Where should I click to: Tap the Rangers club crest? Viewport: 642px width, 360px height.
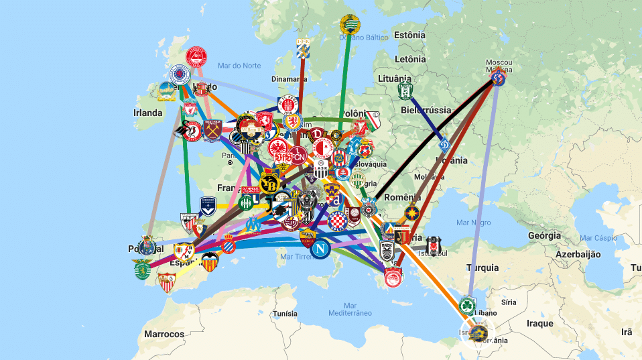[180, 74]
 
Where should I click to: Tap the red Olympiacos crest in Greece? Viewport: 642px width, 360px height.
[394, 277]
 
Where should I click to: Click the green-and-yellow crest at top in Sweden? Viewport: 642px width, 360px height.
[350, 24]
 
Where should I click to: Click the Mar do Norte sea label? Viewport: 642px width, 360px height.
[239, 65]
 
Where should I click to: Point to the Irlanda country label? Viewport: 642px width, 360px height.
[147, 113]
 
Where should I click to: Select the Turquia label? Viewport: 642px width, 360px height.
[483, 267]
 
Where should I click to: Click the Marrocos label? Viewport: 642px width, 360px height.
[164, 334]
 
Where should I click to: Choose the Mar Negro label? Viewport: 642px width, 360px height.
[473, 222]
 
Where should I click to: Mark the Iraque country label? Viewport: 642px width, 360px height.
[540, 323]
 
